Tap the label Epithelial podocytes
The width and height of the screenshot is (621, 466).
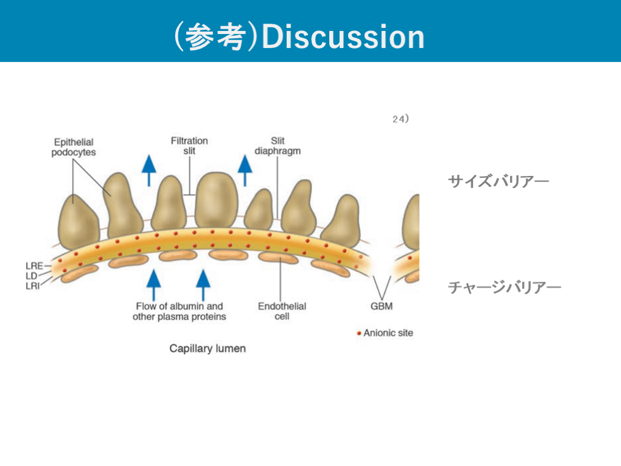[73, 147]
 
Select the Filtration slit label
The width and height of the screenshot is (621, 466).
[189, 146]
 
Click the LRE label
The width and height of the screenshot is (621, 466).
[35, 265]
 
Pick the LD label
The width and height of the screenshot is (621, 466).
[32, 275]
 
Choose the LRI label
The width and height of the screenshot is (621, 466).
[33, 286]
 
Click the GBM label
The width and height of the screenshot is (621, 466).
[381, 306]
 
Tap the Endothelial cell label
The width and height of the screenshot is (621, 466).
[282, 311]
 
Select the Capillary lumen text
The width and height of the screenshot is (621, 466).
[207, 349]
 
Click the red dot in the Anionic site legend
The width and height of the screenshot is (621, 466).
[359, 333]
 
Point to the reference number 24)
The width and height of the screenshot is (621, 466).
[400, 120]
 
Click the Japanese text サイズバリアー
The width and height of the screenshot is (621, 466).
[498, 181]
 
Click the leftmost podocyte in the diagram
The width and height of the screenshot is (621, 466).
[78, 218]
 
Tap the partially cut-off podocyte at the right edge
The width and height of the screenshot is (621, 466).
[411, 221]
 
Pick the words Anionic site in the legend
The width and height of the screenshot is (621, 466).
[388, 333]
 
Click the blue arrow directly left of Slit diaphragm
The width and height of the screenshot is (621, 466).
[244, 169]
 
